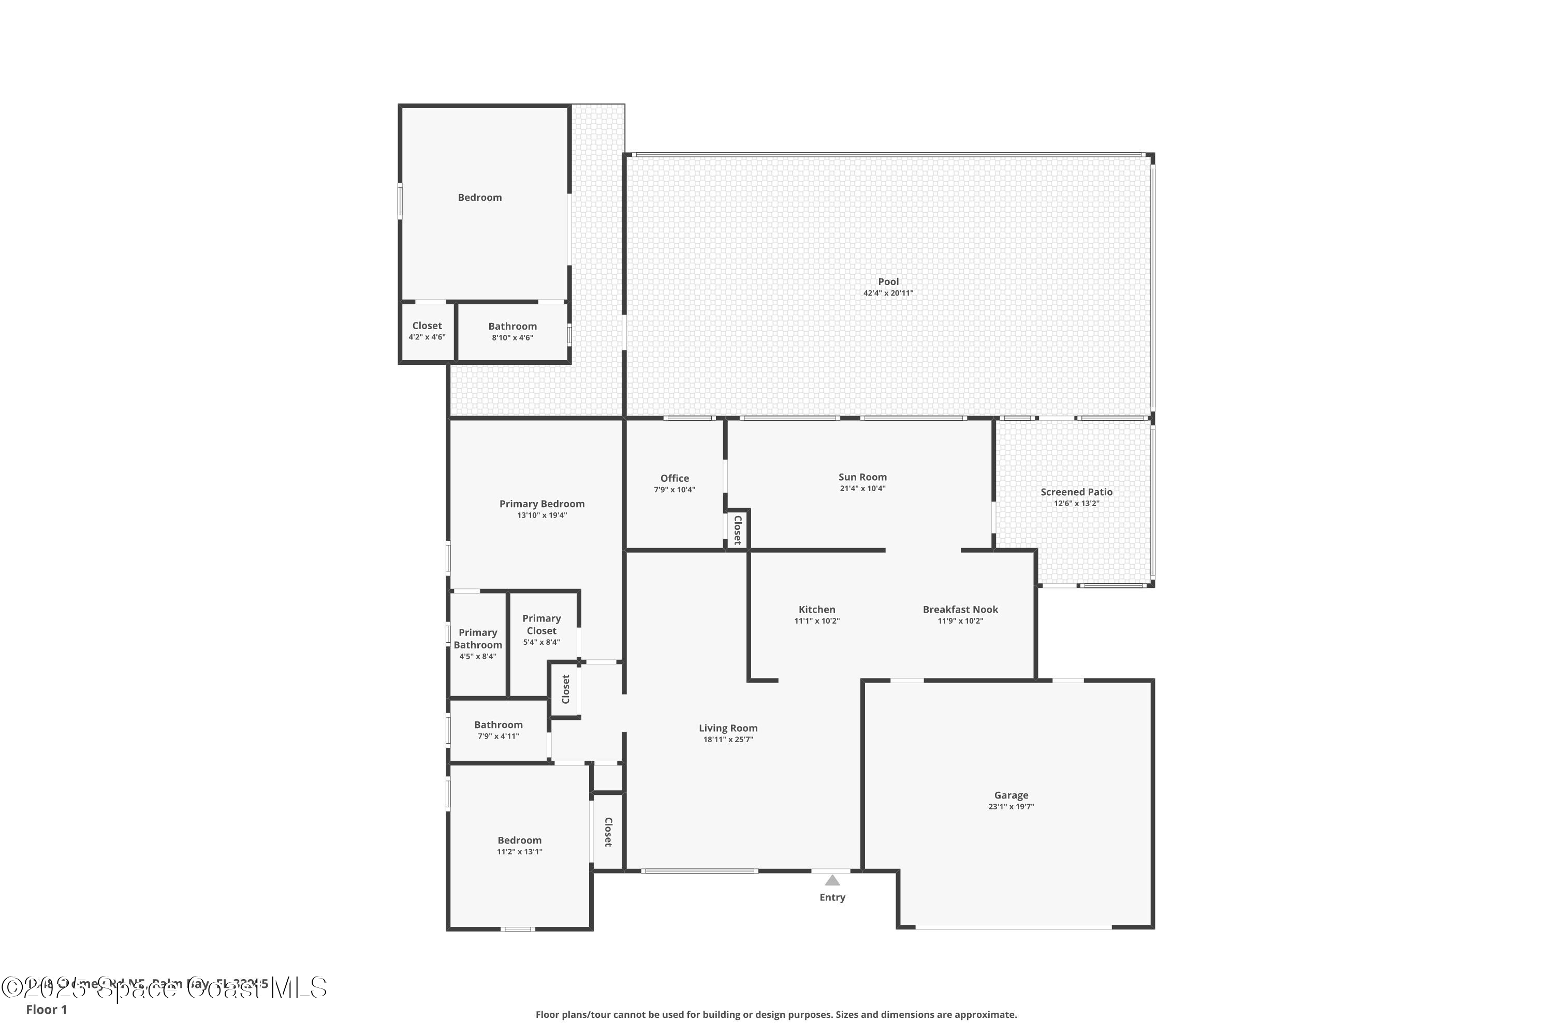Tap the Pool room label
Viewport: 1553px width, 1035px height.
click(888, 282)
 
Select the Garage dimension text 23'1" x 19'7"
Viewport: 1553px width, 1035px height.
click(1011, 807)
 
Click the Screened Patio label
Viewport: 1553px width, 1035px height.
click(1076, 492)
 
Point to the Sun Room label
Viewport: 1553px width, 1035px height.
click(862, 477)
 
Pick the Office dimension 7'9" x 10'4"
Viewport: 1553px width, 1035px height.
click(674, 490)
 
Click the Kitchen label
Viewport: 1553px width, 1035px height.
click(817, 609)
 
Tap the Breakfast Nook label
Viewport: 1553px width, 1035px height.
click(960, 609)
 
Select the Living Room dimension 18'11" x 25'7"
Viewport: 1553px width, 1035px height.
click(728, 740)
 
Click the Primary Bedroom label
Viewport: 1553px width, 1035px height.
click(541, 504)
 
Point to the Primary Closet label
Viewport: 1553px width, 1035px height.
click(541, 625)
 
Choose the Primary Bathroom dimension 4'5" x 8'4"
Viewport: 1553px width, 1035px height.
click(477, 656)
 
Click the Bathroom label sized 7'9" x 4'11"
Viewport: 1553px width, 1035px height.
click(498, 725)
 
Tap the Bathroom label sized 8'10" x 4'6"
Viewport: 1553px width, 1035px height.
click(512, 326)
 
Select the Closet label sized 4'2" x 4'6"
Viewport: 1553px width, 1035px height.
click(427, 326)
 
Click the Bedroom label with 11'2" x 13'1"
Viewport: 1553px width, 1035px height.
click(519, 840)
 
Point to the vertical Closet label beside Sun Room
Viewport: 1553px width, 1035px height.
click(738, 529)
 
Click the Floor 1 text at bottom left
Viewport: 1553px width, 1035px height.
click(46, 1009)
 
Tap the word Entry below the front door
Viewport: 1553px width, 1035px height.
click(832, 897)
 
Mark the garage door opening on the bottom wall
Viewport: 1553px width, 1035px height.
click(1013, 927)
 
